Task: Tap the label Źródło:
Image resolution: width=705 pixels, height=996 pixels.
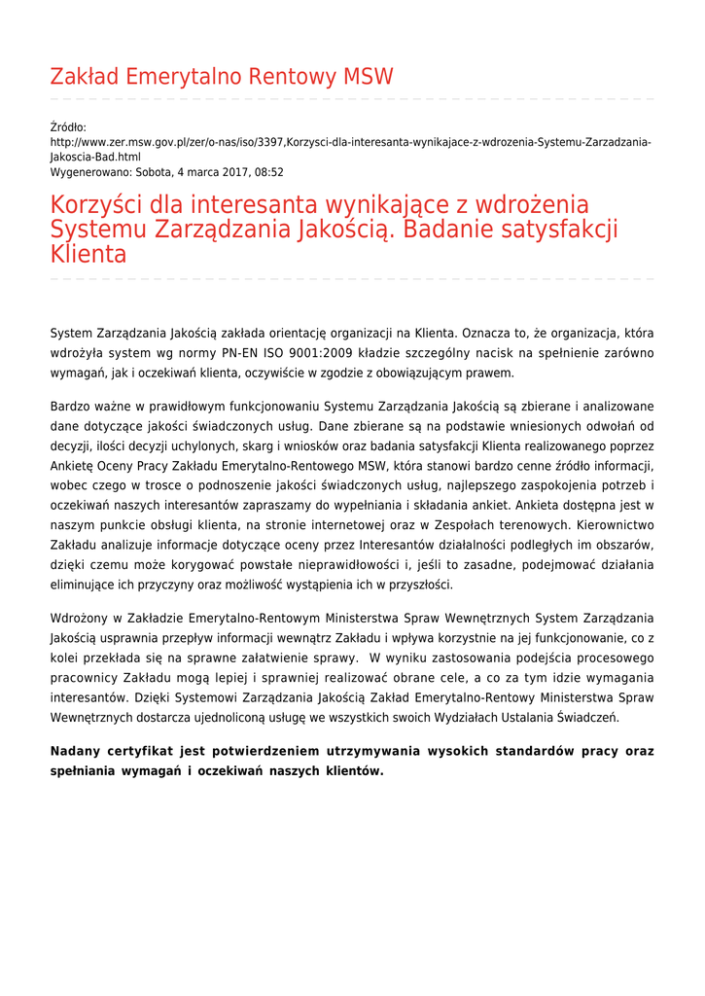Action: pyautogui.click(x=68, y=127)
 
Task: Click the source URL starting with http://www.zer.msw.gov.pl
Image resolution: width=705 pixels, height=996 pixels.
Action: pyautogui.click(x=350, y=142)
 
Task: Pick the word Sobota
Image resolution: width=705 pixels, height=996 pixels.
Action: pyautogui.click(x=156, y=172)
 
